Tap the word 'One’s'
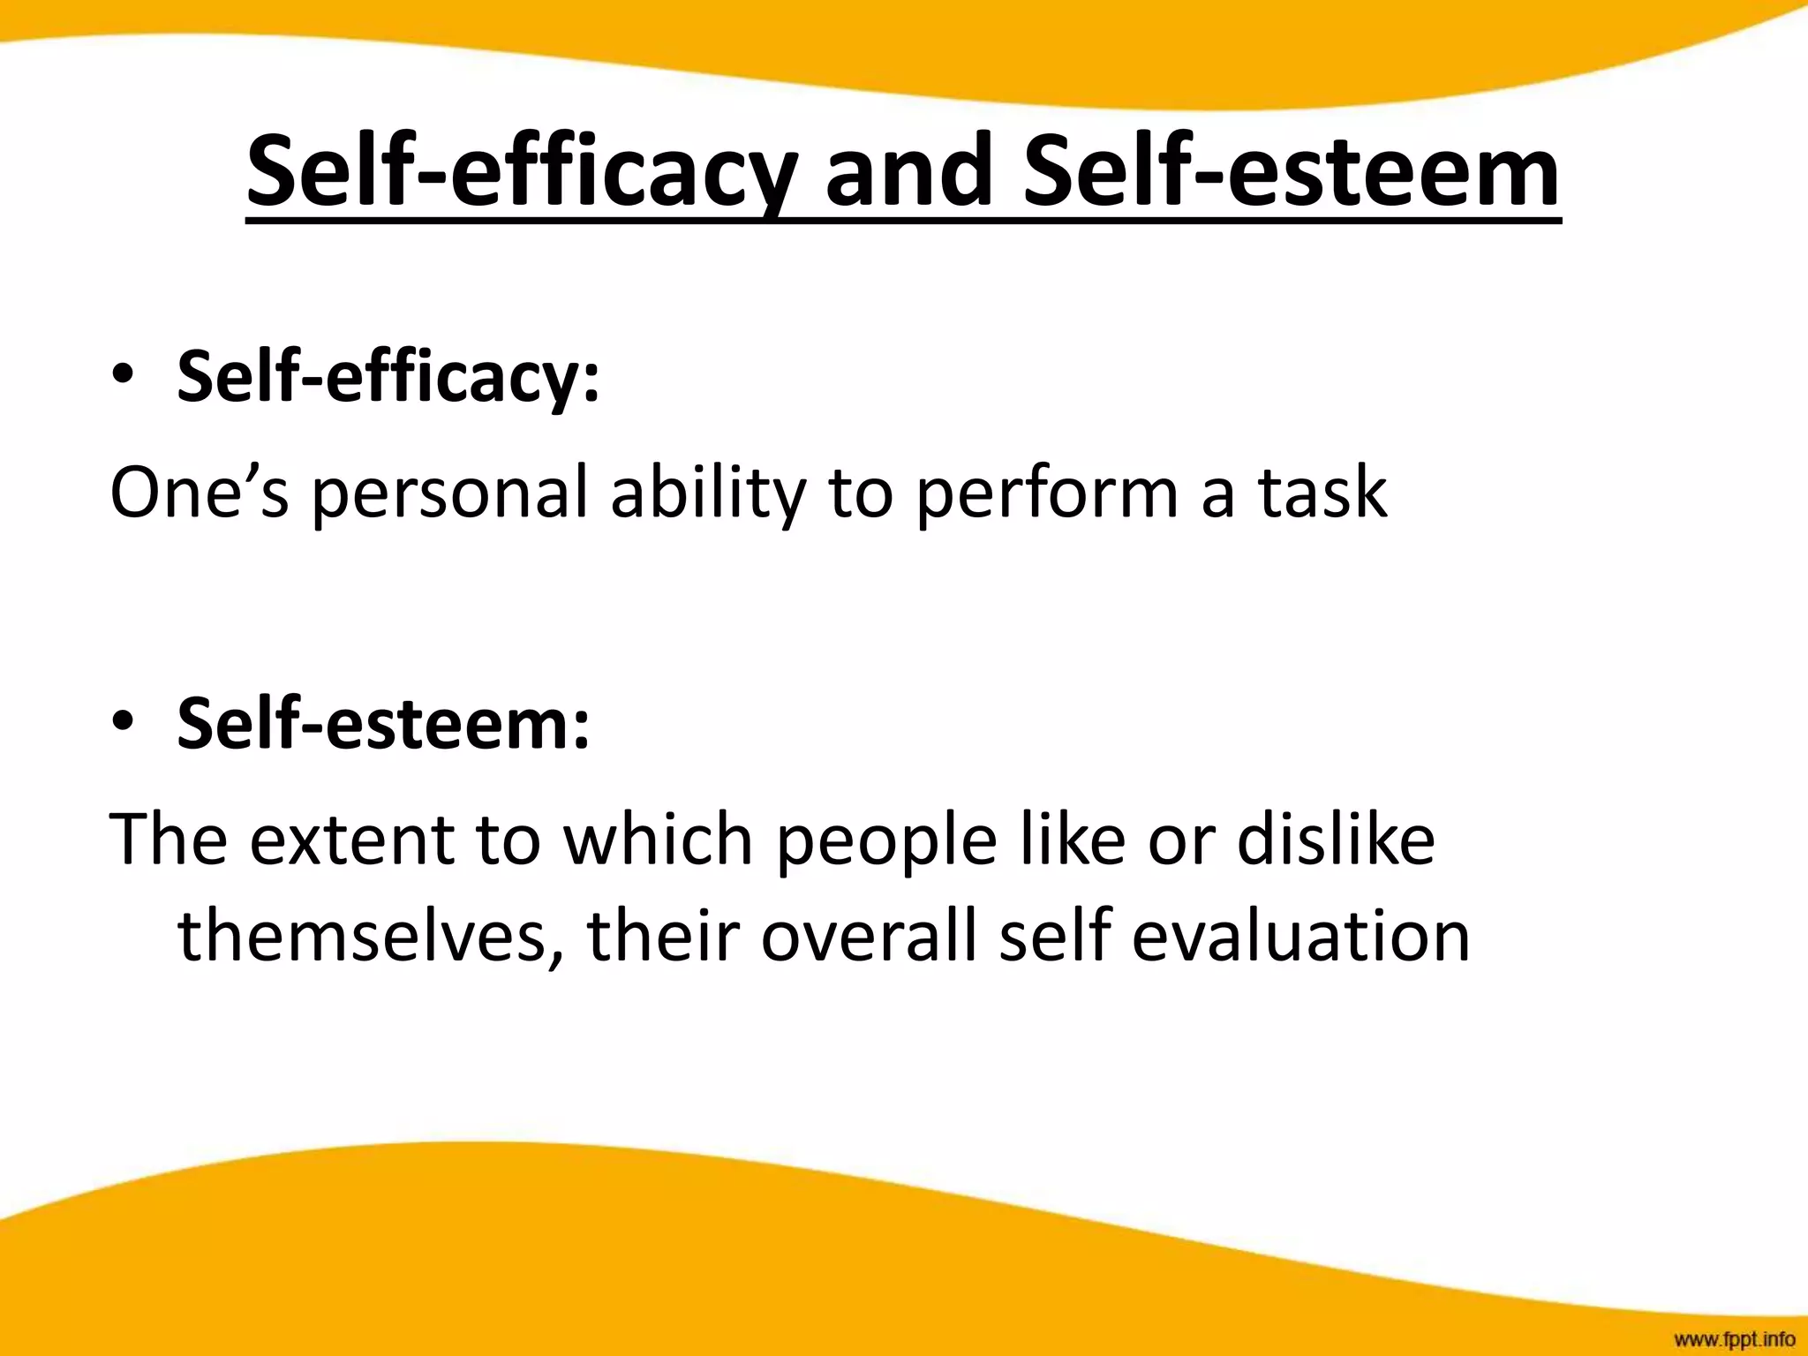(200, 492)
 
